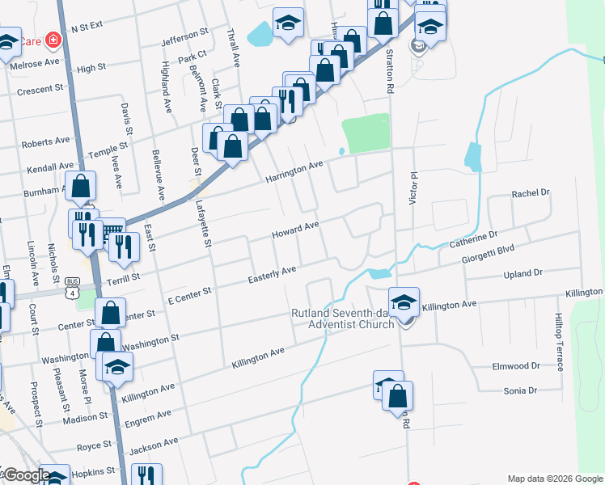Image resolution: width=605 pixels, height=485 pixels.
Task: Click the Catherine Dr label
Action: (473, 238)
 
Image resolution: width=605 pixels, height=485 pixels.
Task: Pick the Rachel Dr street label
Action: (531, 194)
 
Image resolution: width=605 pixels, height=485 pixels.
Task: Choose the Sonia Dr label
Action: (521, 391)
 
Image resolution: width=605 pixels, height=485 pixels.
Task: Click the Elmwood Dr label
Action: (516, 366)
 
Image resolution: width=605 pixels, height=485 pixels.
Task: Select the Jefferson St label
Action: (185, 38)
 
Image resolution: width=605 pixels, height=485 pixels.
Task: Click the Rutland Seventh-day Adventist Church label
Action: (344, 318)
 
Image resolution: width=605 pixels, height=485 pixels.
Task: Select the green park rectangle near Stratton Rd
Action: (366, 132)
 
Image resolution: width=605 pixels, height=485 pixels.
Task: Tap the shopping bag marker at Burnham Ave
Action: (81, 187)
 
